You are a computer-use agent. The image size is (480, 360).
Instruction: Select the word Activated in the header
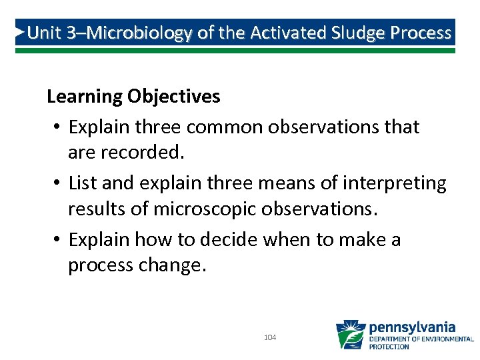[281, 33]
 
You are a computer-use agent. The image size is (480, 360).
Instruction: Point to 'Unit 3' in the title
[51, 33]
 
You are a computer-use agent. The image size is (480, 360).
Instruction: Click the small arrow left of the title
[21, 32]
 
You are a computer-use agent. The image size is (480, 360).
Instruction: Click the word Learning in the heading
[84, 97]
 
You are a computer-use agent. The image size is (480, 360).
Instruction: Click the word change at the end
[173, 265]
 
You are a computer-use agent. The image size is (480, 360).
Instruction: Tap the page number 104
[270, 338]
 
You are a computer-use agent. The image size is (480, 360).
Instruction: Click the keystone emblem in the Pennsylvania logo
[350, 335]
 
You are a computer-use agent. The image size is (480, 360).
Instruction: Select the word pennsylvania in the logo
[412, 327]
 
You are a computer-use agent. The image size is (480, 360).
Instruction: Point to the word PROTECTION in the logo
[390, 347]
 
